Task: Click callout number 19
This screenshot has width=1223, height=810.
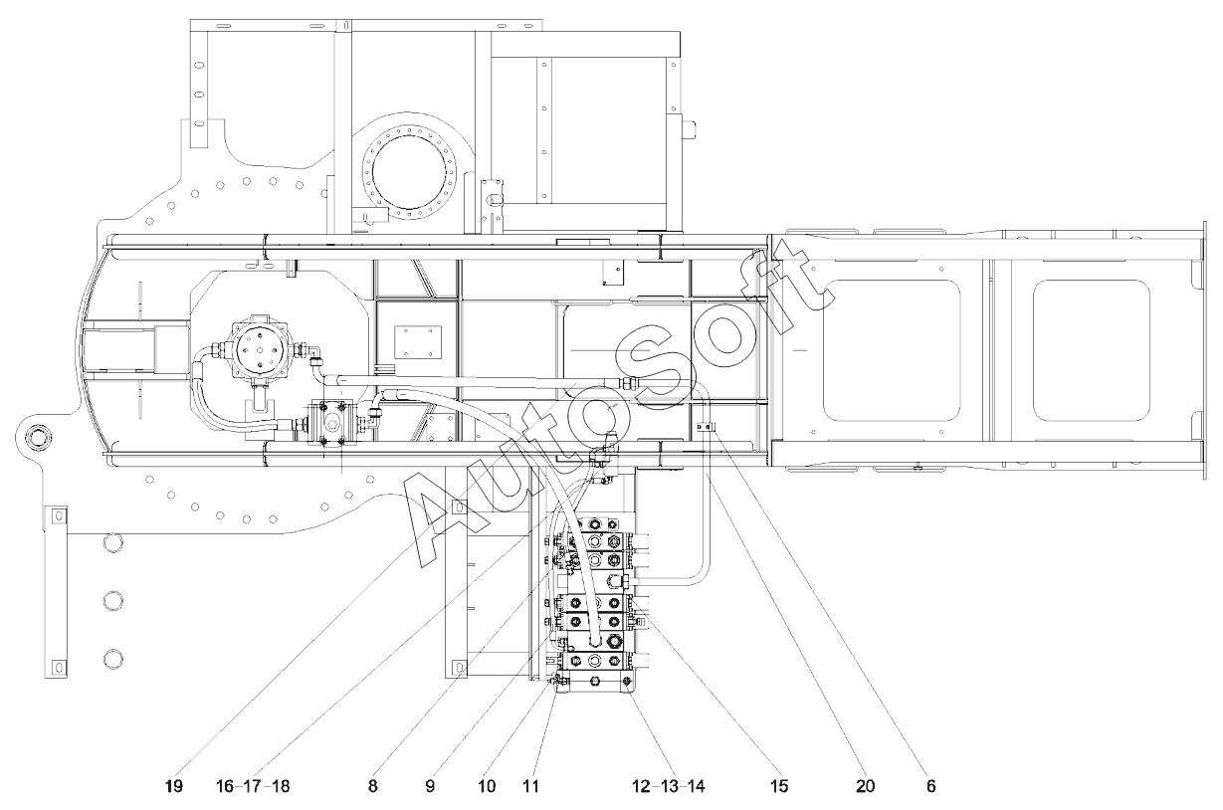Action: pyautogui.click(x=174, y=786)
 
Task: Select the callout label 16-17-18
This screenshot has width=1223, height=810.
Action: pyautogui.click(x=253, y=786)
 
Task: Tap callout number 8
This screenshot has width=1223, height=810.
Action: pyautogui.click(x=372, y=786)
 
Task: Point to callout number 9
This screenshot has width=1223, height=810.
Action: pyautogui.click(x=430, y=786)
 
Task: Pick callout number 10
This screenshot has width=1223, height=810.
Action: pyautogui.click(x=487, y=786)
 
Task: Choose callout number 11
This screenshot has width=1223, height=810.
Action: pyautogui.click(x=530, y=786)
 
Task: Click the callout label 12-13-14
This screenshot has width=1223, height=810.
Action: pyautogui.click(x=669, y=786)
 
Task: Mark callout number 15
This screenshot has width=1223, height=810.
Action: pyautogui.click(x=779, y=786)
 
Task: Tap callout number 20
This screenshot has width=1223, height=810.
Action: pyautogui.click(x=866, y=786)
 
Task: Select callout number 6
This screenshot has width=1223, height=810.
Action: pyautogui.click(x=931, y=786)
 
